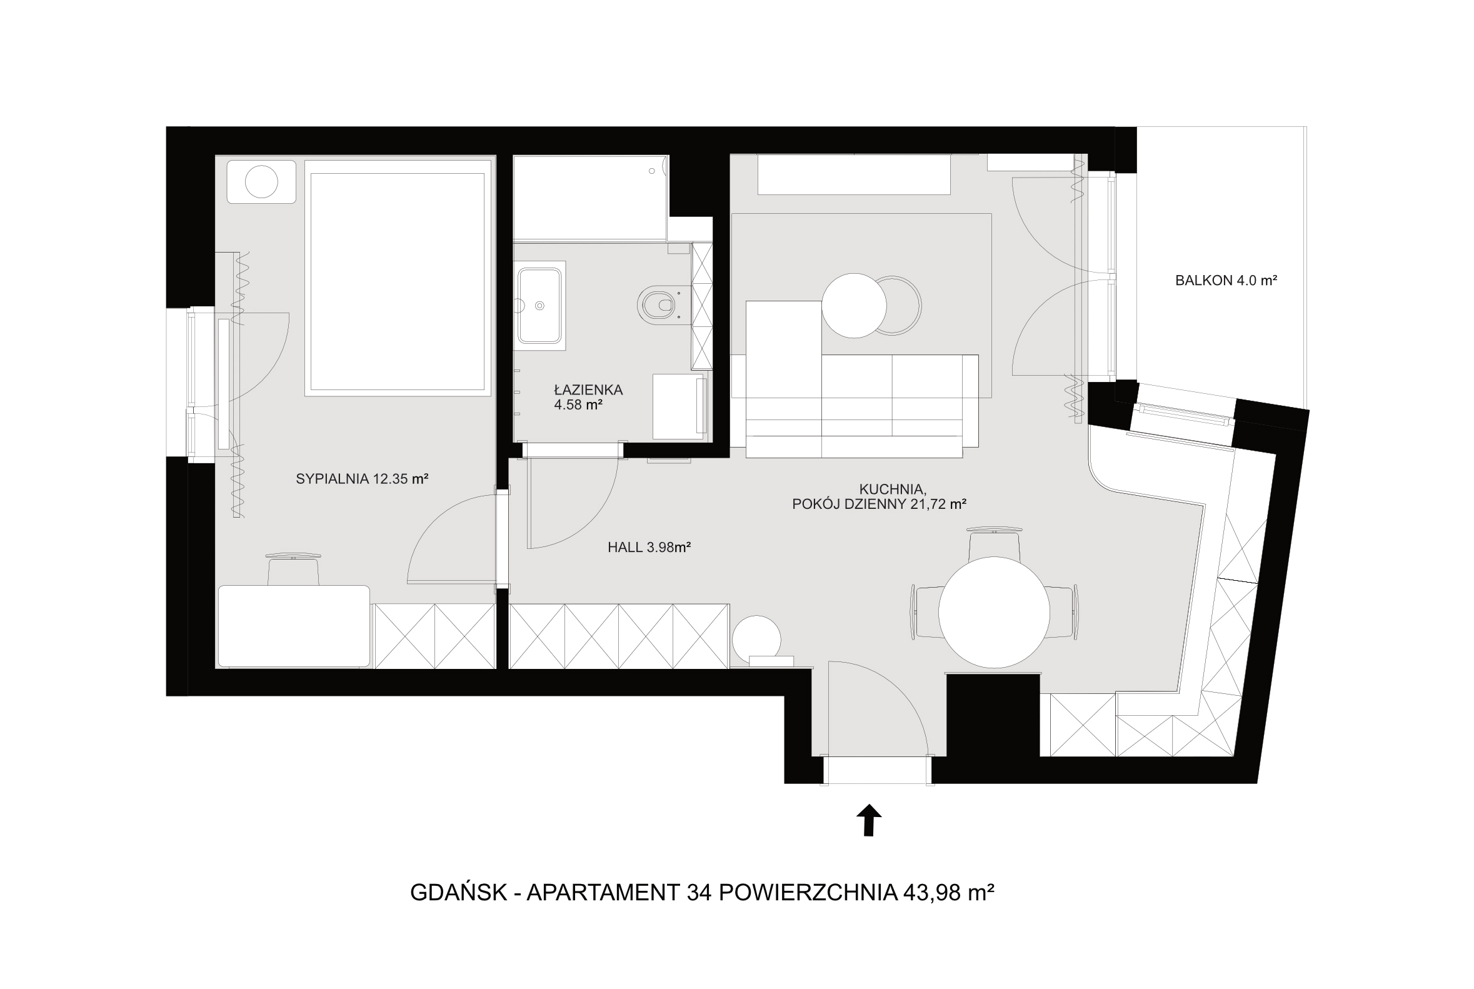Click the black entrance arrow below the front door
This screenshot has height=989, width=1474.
pyautogui.click(x=868, y=820)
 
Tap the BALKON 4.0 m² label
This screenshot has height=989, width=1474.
pyautogui.click(x=1225, y=281)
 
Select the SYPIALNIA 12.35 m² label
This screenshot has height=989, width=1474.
pyautogui.click(x=362, y=479)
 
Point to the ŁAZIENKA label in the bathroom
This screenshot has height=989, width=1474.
pyautogui.click(x=588, y=390)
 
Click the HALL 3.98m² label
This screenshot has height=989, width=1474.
pyautogui.click(x=649, y=548)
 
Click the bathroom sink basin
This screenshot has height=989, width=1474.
pyautogui.click(x=539, y=305)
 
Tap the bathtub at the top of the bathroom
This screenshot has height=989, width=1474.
pyautogui.click(x=590, y=198)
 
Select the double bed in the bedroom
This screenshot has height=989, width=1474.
pyautogui.click(x=398, y=278)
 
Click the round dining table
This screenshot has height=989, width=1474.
pyautogui.click(x=994, y=612)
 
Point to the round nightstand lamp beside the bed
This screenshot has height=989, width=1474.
pyautogui.click(x=261, y=182)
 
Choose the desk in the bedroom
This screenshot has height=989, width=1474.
pyautogui.click(x=294, y=626)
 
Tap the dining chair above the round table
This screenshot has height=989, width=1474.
pyautogui.click(x=994, y=544)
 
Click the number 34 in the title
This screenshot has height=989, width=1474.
pyautogui.click(x=699, y=893)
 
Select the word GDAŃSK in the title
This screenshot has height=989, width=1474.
pyautogui.click(x=459, y=893)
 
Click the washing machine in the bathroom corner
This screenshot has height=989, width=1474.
pyautogui.click(x=679, y=407)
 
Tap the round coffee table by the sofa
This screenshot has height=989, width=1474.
pyautogui.click(x=854, y=305)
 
